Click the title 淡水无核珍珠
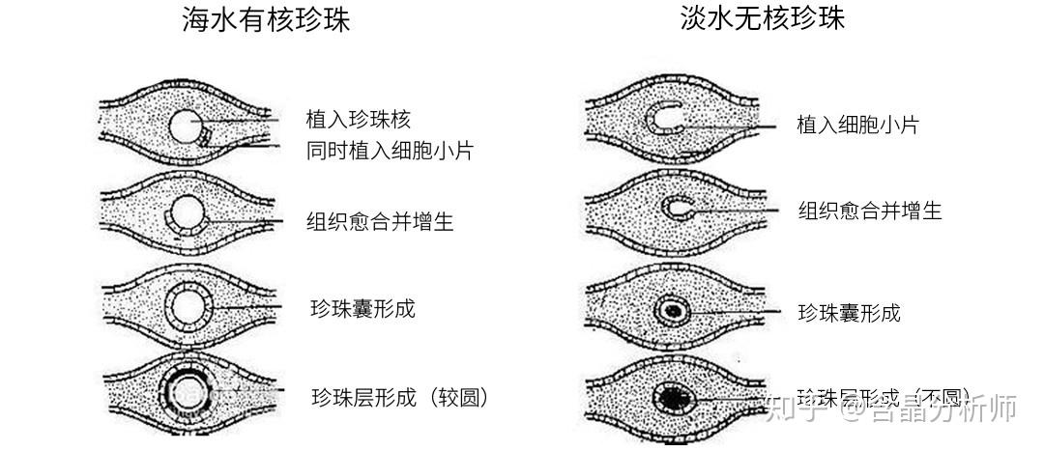[x=763, y=19]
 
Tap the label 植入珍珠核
[x=359, y=119]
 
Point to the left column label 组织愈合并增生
[x=380, y=222]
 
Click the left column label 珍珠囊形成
[x=362, y=308]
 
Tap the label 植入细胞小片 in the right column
[x=857, y=125]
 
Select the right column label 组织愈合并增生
[x=870, y=211]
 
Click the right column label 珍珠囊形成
[x=849, y=312]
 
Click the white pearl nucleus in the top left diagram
[x=185, y=127]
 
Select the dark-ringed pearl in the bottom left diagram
[x=185, y=390]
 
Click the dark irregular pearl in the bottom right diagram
[x=671, y=397]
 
